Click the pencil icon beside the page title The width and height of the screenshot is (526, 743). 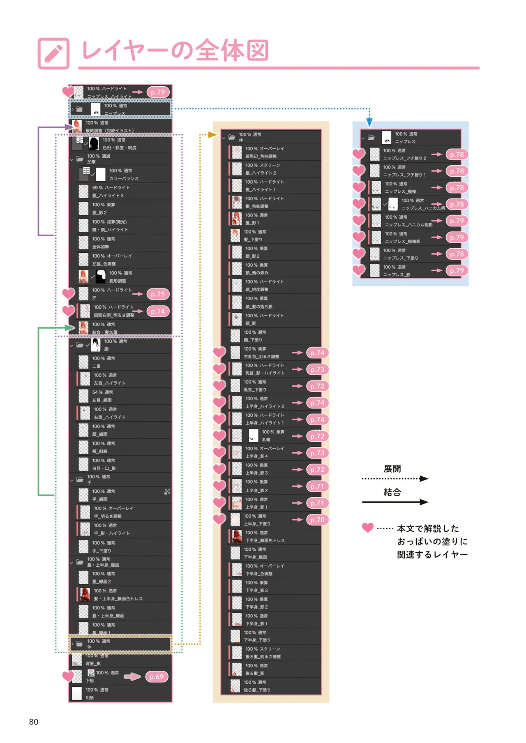coord(53,53)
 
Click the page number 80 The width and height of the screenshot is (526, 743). coord(34,722)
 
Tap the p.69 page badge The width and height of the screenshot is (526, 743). coord(157,676)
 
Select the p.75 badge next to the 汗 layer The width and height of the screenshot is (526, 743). coord(158,294)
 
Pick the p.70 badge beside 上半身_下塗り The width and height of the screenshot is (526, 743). coord(317,519)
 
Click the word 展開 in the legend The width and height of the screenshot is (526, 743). coord(392,468)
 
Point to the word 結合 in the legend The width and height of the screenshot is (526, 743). coord(392,492)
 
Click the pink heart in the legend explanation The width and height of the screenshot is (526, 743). coord(368,528)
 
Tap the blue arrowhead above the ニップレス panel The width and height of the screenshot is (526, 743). coord(369,122)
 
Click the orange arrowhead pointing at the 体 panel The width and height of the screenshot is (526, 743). coord(212,134)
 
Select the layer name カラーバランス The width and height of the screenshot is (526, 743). coord(124,178)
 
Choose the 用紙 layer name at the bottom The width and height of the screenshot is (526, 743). coord(90,697)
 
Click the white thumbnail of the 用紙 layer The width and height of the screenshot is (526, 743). coord(77,693)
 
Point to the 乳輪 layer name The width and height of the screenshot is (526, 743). coord(266,439)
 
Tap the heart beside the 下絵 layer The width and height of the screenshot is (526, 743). coord(68,676)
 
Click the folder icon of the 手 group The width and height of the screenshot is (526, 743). coord(80,479)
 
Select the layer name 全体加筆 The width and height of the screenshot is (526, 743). coord(101,247)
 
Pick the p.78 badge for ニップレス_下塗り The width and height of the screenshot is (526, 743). coord(457,254)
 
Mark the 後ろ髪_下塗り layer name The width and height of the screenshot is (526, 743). coord(257,690)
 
